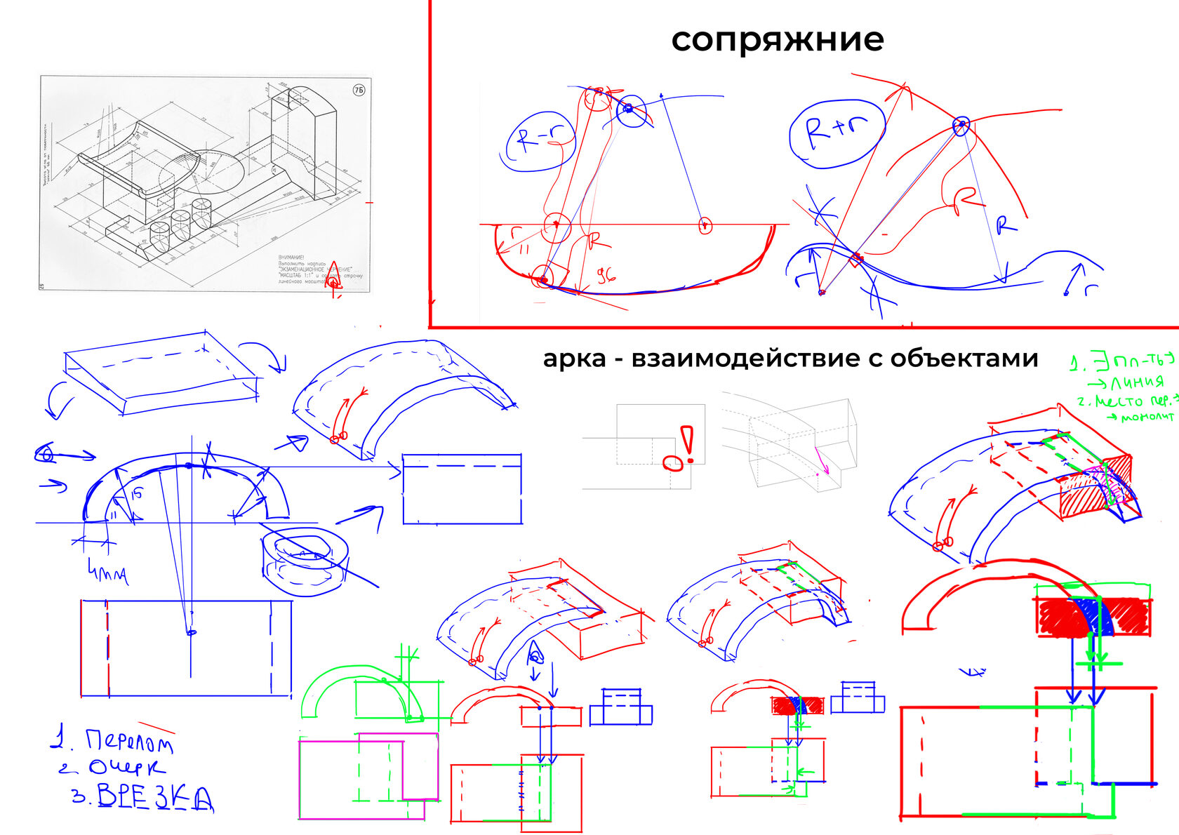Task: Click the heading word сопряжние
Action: coord(777,40)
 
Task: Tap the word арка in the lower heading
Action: coord(574,359)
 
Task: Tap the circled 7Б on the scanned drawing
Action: coord(359,91)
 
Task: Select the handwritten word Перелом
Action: coord(129,740)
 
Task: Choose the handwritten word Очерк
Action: coord(126,768)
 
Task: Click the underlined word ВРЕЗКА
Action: coord(154,797)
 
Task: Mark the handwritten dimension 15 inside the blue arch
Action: coord(136,493)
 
